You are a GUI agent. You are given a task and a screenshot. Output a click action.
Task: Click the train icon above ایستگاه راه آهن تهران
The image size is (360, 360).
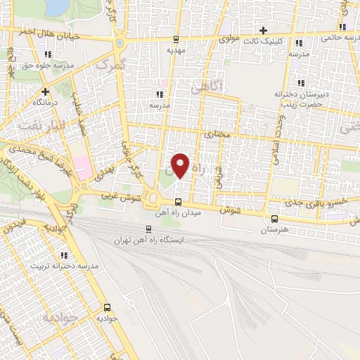(x=148, y=229)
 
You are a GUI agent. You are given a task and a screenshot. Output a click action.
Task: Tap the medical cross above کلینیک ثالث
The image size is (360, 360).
(x=263, y=30)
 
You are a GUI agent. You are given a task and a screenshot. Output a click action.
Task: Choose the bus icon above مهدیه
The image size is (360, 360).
(x=175, y=39)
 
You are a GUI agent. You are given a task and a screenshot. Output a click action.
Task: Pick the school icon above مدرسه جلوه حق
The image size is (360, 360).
(x=48, y=54)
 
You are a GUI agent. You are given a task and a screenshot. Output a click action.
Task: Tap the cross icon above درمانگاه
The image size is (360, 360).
(x=46, y=91)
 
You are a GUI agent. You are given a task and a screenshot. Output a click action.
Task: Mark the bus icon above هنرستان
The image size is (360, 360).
(x=274, y=219)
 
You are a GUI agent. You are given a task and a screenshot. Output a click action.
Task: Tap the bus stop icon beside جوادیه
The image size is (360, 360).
(x=107, y=307)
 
